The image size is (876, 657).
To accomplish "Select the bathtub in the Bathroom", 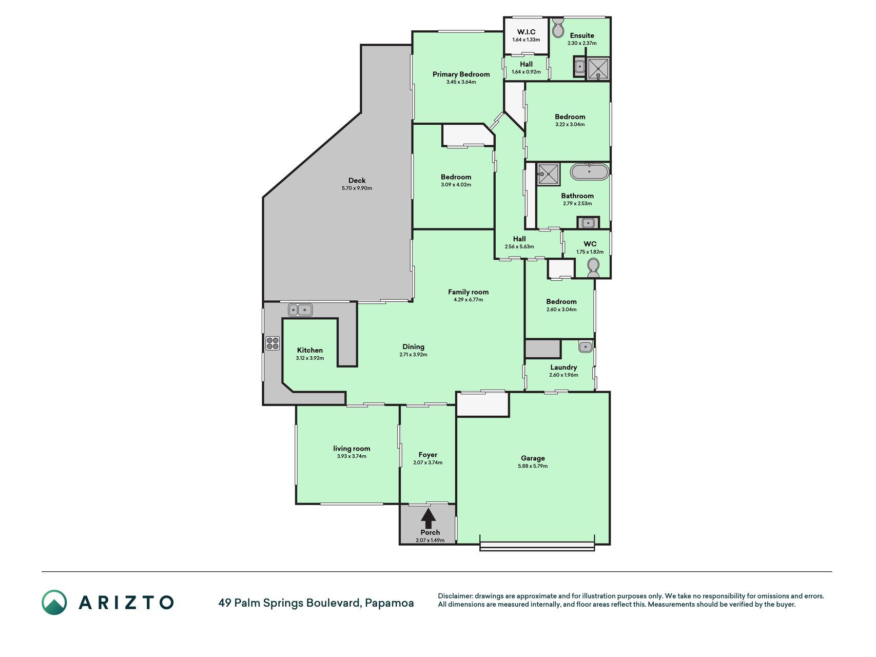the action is (x=590, y=171).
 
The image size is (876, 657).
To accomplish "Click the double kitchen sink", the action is (x=300, y=310).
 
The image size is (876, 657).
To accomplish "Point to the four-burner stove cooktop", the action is (x=272, y=343).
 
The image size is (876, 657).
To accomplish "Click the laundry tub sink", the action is (x=586, y=346).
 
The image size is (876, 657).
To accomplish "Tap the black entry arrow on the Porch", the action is (x=428, y=518).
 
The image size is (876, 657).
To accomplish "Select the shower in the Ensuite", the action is (x=598, y=69).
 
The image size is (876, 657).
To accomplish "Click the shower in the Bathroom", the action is (x=548, y=175).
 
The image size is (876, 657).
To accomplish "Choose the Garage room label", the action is (x=533, y=458).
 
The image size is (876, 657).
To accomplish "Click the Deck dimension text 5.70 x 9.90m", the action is (x=357, y=188).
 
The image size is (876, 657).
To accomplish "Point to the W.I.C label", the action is (x=526, y=32).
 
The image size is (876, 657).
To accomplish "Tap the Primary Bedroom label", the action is (x=461, y=74).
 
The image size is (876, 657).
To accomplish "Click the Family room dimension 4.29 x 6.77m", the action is (x=468, y=300).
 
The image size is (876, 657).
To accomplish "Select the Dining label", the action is (x=413, y=347).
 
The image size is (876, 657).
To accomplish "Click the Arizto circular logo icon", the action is (x=54, y=603).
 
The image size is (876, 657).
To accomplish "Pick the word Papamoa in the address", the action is (x=390, y=603).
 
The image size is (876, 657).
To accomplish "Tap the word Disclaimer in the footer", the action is (x=455, y=596).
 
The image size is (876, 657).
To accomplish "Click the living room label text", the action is (x=352, y=449).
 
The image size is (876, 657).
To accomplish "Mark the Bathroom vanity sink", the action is (x=588, y=223).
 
